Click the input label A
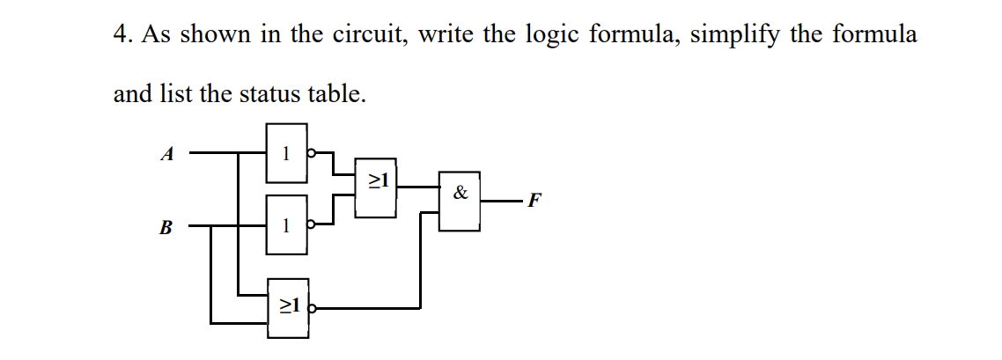(166, 154)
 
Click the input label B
(166, 228)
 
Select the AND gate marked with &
(460, 200)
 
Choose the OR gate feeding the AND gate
(376, 188)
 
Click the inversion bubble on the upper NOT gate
(310, 154)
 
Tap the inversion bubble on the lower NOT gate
(310, 224)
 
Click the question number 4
(122, 35)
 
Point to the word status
(268, 93)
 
